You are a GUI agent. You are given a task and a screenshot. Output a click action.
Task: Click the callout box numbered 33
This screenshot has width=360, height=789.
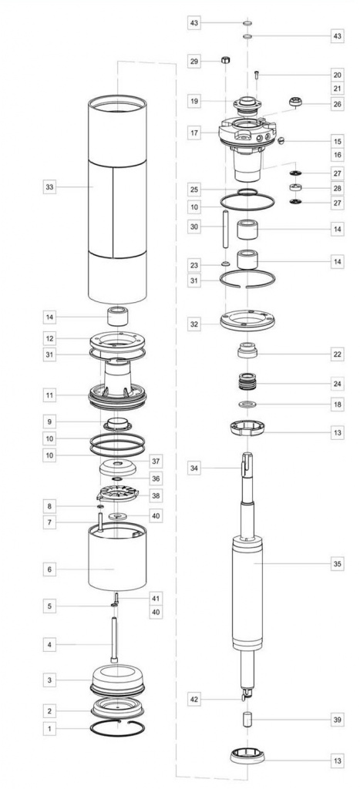pos(49,187)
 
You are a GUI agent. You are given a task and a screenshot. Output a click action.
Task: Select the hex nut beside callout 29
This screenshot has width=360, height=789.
pos(226,60)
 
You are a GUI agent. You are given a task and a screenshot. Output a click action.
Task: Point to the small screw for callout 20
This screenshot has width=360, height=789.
pos(257,76)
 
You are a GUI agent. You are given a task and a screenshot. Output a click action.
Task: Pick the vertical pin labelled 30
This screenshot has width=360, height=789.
pos(226,228)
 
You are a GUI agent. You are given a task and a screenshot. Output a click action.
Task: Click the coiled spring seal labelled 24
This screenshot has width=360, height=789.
pos(247,381)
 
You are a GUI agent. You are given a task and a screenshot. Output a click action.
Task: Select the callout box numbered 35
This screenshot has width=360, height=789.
pos(338,564)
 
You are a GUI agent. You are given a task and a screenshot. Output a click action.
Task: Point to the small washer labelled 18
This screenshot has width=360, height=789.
pos(247,404)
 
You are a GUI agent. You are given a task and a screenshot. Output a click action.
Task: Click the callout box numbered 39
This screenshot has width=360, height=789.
pos(338,720)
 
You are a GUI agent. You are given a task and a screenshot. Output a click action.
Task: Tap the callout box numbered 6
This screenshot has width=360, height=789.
pos(49,569)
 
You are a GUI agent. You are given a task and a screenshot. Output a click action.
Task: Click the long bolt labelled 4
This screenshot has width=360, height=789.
pos(114,640)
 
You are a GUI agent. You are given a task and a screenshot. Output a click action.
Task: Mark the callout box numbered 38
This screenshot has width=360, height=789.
pos(156,495)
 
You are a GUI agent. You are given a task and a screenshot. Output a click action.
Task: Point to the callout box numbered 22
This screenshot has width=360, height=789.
pos(338,354)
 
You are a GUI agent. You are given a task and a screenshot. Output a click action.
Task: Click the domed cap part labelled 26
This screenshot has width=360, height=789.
pos(296,102)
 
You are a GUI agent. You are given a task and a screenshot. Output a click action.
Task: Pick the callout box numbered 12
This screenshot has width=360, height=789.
pos(49,338)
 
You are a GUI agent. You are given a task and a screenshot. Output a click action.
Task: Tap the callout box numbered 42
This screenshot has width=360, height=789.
pos(194,700)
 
